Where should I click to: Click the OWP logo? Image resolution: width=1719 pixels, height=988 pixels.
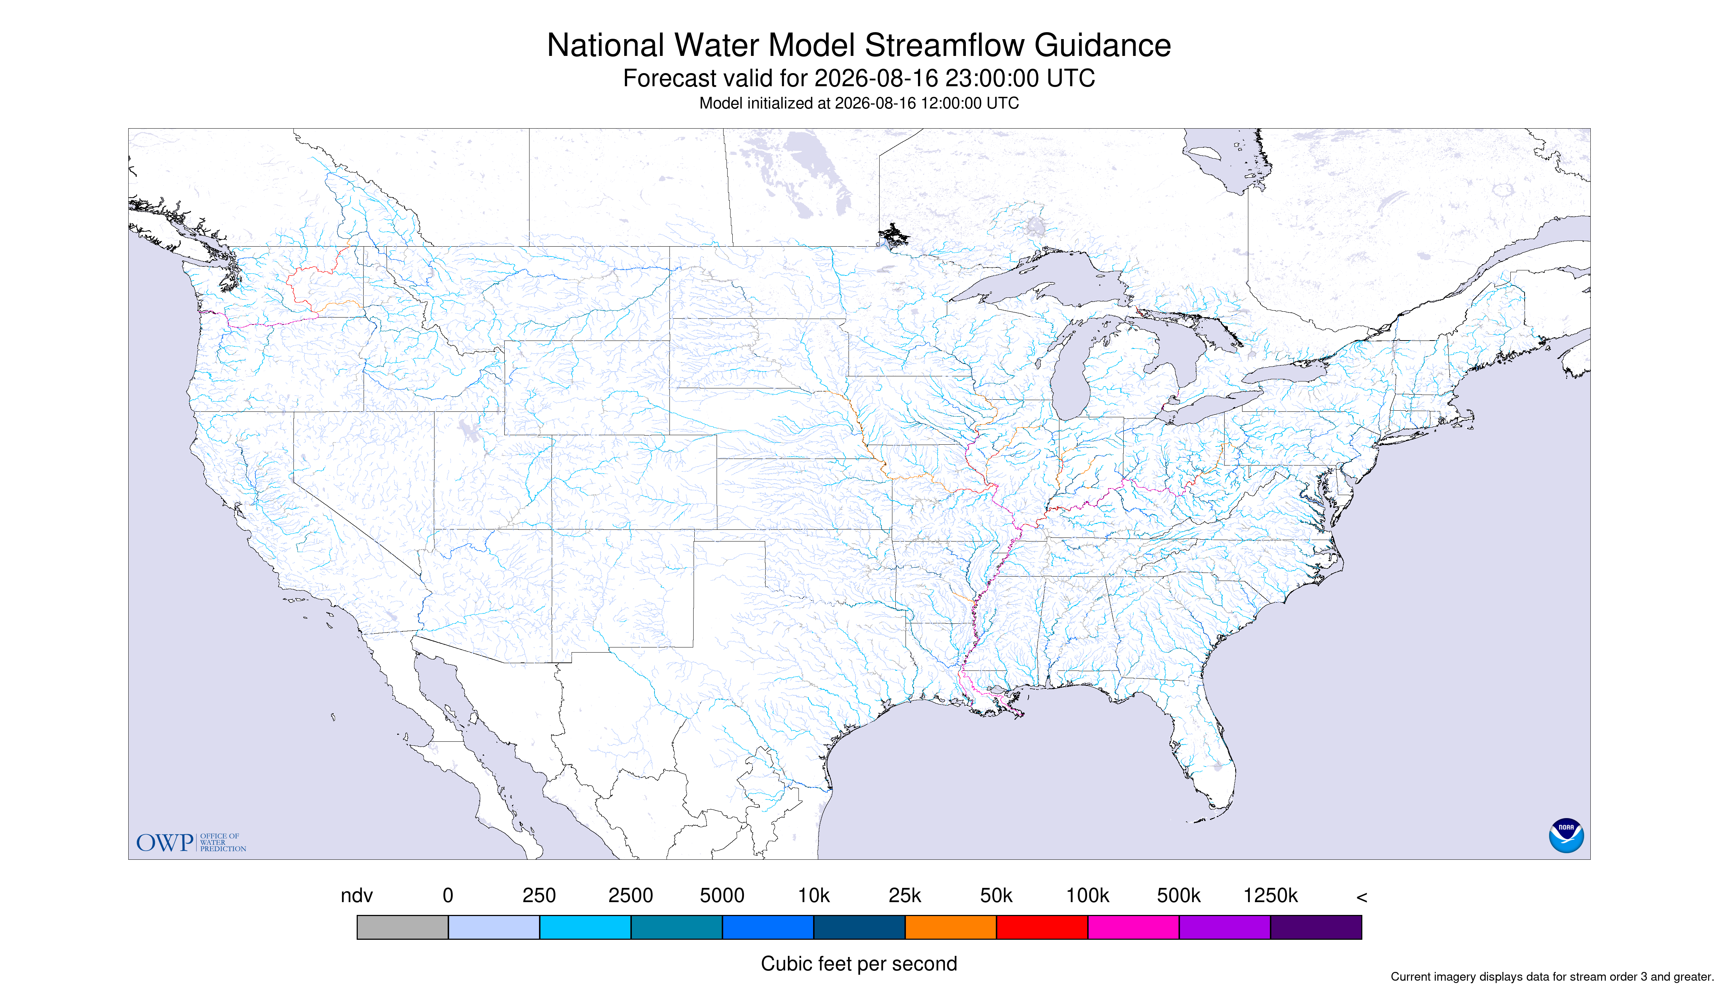pos(191,842)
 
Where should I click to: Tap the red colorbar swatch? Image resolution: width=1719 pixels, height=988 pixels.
pos(1042,927)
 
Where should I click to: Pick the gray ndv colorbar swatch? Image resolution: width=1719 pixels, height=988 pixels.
pos(402,927)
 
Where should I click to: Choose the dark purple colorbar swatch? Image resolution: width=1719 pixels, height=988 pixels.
pos(1316,927)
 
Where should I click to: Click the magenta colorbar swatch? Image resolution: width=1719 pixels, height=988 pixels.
pos(1133,927)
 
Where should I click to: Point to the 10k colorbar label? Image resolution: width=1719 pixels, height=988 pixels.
pos(814,896)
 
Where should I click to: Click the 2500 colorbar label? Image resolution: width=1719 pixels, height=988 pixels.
pos(630,896)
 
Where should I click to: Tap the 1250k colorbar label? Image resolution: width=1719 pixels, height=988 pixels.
pos(1270,896)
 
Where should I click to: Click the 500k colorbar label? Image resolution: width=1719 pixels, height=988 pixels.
pos(1179,896)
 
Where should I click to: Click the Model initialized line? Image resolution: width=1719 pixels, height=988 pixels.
pos(859,103)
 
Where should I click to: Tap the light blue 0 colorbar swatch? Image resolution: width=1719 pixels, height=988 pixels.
pos(494,927)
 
